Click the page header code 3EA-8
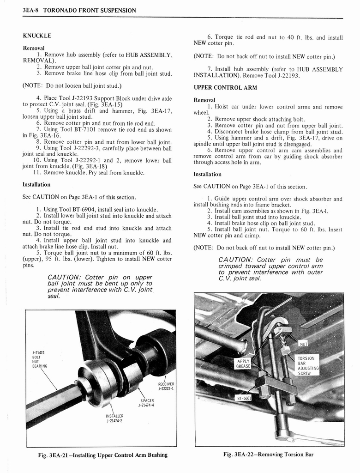point(30,10)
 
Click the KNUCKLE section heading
point(37,35)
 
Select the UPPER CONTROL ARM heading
point(225,87)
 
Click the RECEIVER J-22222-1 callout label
point(166,386)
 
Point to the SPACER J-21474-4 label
point(146,403)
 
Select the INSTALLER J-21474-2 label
point(114,418)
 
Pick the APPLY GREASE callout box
point(243,364)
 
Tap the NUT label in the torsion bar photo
point(303,344)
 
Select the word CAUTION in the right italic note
point(234,260)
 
